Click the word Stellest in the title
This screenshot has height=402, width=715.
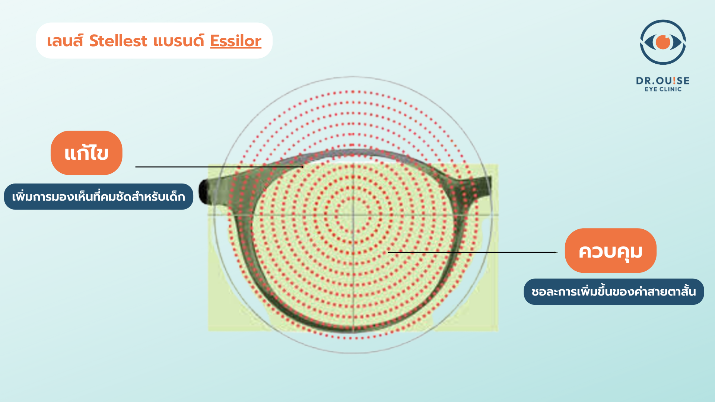(118, 41)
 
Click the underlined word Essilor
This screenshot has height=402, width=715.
(236, 41)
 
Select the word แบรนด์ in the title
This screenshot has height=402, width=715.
(179, 41)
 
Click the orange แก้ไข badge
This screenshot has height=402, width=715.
(86, 153)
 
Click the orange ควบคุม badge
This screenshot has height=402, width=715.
(611, 251)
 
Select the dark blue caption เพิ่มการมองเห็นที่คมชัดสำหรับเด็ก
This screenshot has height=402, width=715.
(99, 197)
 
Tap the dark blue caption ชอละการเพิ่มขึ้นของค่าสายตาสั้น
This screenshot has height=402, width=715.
(614, 292)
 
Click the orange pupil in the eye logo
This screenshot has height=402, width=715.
(663, 42)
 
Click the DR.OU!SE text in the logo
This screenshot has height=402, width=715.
(663, 81)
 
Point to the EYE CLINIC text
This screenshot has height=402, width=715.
(663, 89)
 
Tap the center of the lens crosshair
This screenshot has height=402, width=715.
(353, 215)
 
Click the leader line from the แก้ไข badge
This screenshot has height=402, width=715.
(220, 167)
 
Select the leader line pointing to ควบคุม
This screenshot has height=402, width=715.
(473, 252)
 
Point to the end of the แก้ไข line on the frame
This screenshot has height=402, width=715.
(304, 167)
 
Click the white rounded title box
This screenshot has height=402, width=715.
(154, 41)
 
